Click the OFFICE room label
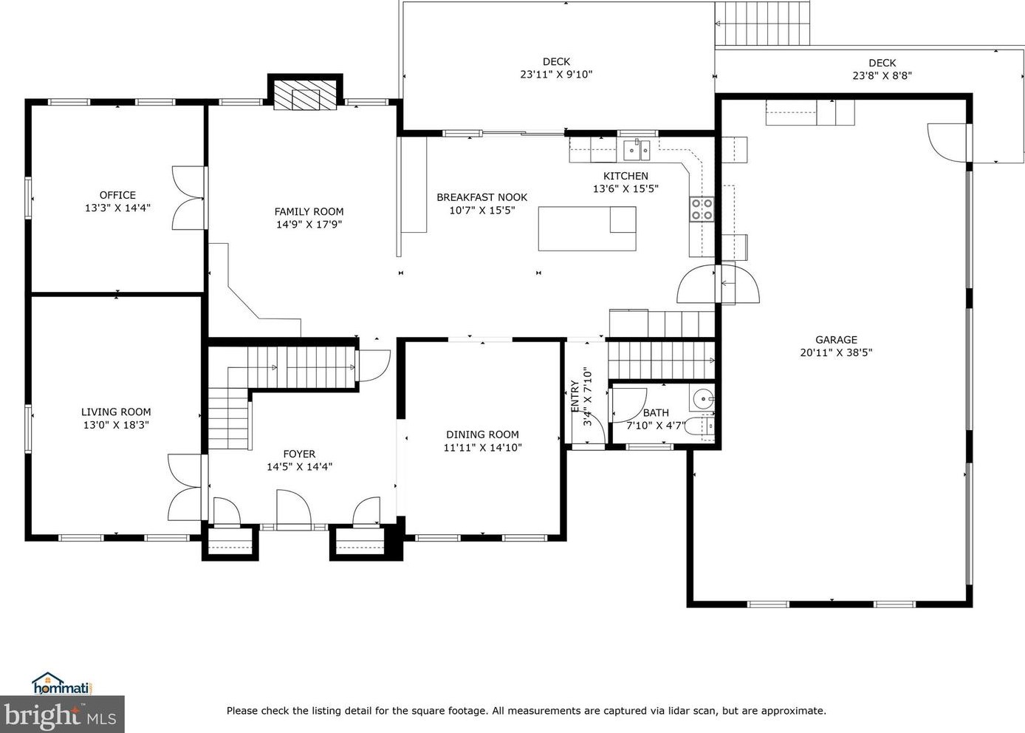[x=117, y=195]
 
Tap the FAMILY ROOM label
[x=309, y=211]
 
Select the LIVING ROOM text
[x=116, y=412]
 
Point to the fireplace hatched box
[x=305, y=95]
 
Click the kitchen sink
[x=637, y=151]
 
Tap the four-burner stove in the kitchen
[x=702, y=209]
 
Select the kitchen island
[x=587, y=228]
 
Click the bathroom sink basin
[x=702, y=398]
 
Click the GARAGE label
[x=836, y=340]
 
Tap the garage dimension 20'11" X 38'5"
[x=836, y=352]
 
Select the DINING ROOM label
[x=482, y=434]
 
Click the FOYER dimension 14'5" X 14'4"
[x=299, y=466]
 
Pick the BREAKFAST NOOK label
[x=481, y=197]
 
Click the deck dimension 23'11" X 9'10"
[x=556, y=74]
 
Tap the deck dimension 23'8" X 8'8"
[x=882, y=75]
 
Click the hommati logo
[x=62, y=684]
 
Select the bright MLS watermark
[x=62, y=715]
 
